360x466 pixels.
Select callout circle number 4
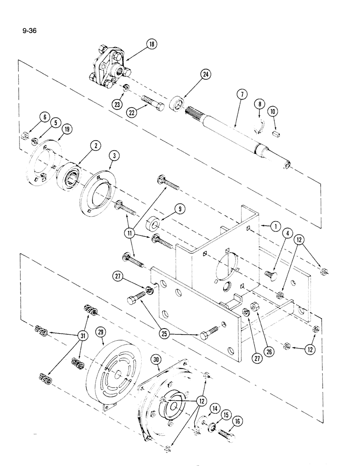288,231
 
